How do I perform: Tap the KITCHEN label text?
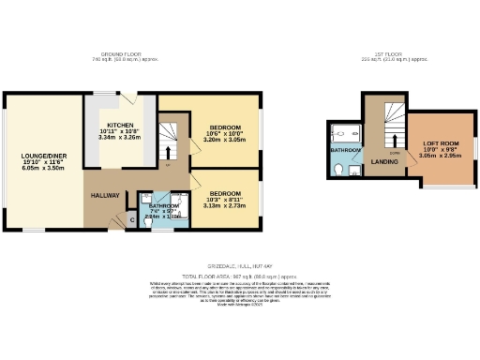tap(120, 125)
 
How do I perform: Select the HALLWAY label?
tap(105, 194)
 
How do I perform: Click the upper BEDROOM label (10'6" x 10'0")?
tap(224, 127)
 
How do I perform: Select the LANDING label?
tap(384, 161)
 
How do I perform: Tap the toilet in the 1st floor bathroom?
tap(337, 170)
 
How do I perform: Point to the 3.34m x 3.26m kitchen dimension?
tap(120, 138)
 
